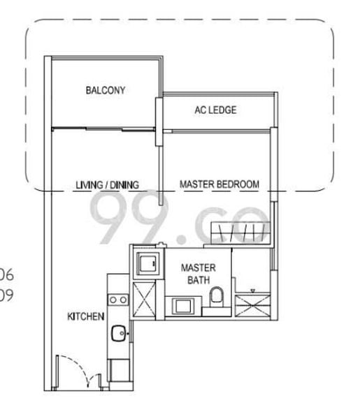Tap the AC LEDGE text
[215, 110]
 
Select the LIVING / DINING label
[108, 185]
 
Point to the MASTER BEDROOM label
[219, 184]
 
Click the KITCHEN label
[86, 316]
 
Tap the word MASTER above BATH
[198, 267]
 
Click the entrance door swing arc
[73, 370]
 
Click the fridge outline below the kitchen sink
[117, 369]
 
